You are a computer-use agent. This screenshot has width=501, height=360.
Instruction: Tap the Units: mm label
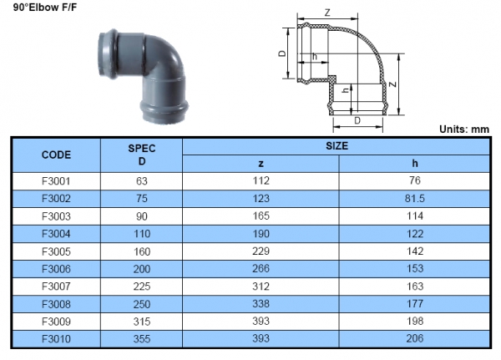(463, 129)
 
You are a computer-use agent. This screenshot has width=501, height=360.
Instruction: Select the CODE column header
(56, 155)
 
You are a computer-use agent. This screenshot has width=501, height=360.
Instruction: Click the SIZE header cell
(337, 145)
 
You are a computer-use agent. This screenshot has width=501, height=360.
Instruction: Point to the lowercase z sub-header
(261, 164)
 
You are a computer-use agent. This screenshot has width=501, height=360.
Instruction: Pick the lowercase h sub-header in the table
(415, 164)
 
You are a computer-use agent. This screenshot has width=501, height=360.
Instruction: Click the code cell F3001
(56, 180)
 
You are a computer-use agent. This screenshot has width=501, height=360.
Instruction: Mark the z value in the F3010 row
(261, 338)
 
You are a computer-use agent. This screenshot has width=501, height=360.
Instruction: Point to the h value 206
(415, 338)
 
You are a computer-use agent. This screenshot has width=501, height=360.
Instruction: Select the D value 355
(141, 338)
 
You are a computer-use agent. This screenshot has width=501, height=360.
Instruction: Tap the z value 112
(261, 180)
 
